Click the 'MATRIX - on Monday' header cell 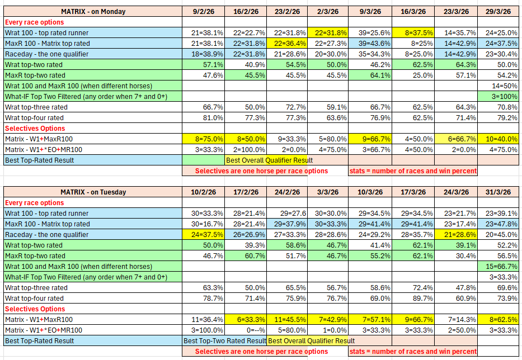point(93,11)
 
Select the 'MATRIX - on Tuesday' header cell point(93,192)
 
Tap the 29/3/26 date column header point(498,11)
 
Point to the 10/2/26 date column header point(204,192)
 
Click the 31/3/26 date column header point(498,192)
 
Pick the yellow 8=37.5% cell point(413,32)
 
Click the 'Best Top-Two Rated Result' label point(225,340)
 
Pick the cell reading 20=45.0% point(499,235)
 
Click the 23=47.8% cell point(499,224)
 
